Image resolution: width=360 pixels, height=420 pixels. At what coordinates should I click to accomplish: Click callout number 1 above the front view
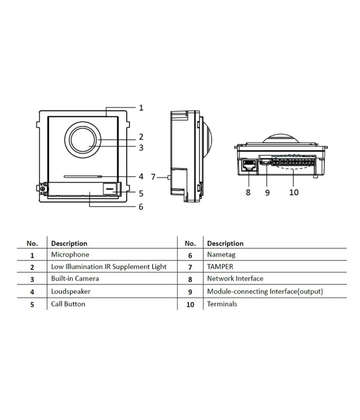click(x=141, y=107)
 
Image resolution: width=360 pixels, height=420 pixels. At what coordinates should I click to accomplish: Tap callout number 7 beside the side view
click(x=153, y=177)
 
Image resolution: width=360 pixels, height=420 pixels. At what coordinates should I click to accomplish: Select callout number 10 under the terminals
click(x=294, y=193)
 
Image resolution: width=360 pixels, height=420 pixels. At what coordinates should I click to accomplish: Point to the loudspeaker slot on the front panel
click(x=83, y=176)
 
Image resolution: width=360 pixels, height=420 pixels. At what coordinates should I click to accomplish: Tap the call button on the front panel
click(x=110, y=188)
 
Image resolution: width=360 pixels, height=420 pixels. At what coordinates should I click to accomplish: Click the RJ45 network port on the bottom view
click(x=248, y=165)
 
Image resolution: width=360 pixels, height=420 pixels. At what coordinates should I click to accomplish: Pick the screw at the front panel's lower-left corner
click(x=43, y=189)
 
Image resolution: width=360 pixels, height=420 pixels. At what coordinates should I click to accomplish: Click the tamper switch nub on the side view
click(x=169, y=177)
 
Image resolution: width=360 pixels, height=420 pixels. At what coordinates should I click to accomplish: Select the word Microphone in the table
click(x=70, y=254)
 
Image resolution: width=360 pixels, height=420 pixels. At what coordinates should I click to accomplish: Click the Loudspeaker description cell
click(x=71, y=292)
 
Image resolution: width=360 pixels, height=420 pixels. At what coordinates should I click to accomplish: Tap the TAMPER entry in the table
click(x=220, y=267)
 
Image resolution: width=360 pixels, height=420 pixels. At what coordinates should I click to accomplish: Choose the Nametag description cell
click(x=221, y=255)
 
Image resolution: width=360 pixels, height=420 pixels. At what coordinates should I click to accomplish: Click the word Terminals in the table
click(x=222, y=304)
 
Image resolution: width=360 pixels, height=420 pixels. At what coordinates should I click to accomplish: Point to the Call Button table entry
click(x=68, y=304)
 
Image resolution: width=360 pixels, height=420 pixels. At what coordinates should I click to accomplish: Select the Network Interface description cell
click(x=235, y=278)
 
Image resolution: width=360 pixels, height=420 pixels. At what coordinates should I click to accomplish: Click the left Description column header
click(x=69, y=244)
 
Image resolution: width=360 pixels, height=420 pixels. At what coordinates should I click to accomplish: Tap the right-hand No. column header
click(x=190, y=244)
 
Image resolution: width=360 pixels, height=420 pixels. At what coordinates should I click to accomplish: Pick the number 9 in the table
click(x=190, y=292)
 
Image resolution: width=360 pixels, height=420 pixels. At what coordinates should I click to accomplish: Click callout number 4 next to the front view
click(x=141, y=176)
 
